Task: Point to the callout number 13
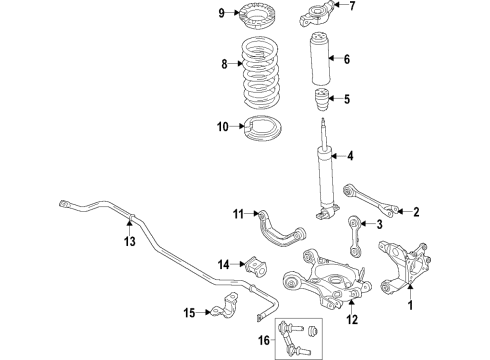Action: [129, 241]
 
